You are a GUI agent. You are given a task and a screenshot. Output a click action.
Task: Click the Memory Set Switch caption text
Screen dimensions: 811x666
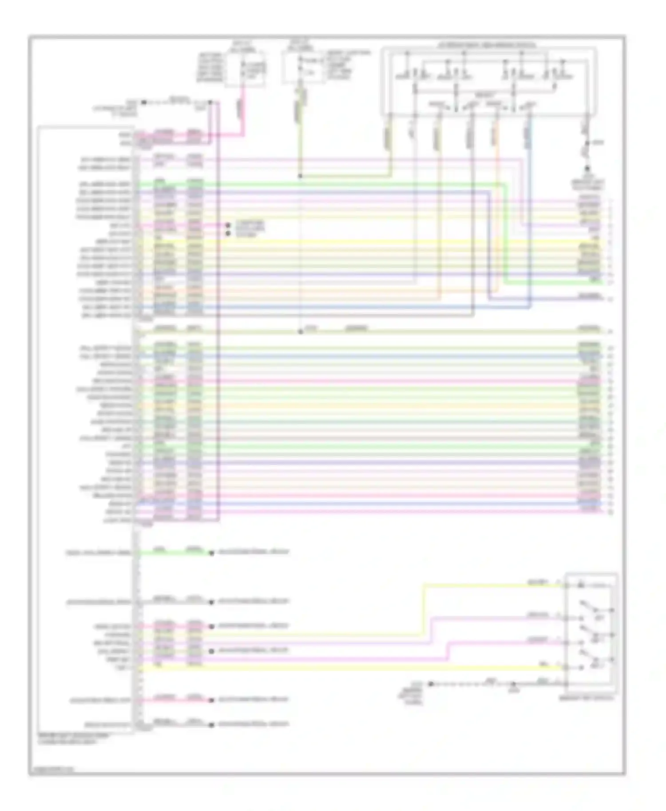(x=587, y=698)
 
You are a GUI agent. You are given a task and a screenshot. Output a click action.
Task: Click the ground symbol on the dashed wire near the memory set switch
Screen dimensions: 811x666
(x=513, y=685)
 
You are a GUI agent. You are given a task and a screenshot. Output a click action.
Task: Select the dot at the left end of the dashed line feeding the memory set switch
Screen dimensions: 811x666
(x=430, y=684)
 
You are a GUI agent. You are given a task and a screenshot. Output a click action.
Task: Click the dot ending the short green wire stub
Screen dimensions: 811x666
(x=212, y=553)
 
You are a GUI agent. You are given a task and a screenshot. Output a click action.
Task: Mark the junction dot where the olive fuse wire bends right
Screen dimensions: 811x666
(x=300, y=176)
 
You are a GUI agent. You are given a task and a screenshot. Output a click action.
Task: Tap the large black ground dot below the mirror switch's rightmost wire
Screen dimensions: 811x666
(x=587, y=169)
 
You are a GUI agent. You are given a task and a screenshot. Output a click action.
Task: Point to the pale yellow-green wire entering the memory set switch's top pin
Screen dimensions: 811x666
(x=488, y=586)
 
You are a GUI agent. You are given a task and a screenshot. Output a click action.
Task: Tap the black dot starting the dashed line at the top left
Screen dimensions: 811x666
(x=143, y=102)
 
